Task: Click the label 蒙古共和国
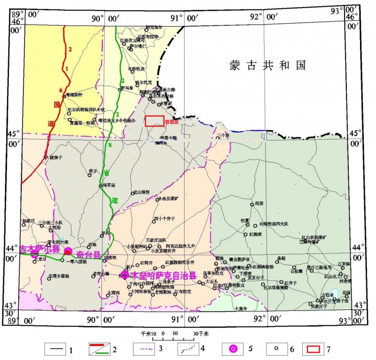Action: [x=267, y=64]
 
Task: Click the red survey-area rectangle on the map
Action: [x=155, y=121]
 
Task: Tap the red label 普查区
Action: [x=172, y=122]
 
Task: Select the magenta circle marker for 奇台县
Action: [x=68, y=251]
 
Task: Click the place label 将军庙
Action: [x=109, y=185]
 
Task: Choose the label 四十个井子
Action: [x=164, y=219]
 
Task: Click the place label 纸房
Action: [x=259, y=203]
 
